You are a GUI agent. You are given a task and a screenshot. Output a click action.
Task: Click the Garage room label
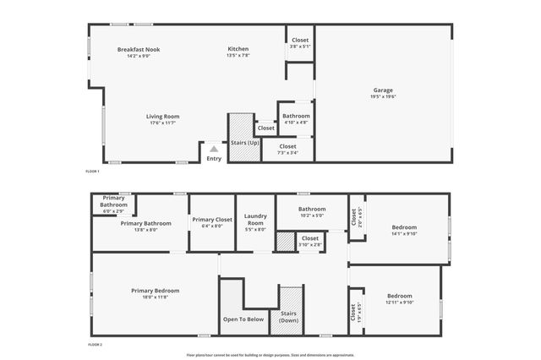point(383,90)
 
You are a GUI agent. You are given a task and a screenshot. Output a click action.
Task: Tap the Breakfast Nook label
point(139,50)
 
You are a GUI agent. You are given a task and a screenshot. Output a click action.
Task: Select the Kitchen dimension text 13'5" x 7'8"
point(238,57)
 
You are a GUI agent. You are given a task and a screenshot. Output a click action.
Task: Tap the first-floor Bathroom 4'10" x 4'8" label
point(296,116)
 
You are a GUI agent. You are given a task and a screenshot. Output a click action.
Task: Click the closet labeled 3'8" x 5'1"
point(300,41)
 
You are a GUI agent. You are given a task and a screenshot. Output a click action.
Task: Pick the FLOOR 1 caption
point(93,172)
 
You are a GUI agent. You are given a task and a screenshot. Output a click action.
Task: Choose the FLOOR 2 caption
point(95,345)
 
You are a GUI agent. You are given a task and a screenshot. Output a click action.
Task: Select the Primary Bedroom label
point(155,291)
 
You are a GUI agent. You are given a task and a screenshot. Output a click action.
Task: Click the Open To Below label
point(243,319)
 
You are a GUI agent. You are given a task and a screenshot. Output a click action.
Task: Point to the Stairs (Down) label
point(290,316)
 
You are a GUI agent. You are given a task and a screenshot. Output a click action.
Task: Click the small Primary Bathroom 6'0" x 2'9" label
point(113,200)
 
